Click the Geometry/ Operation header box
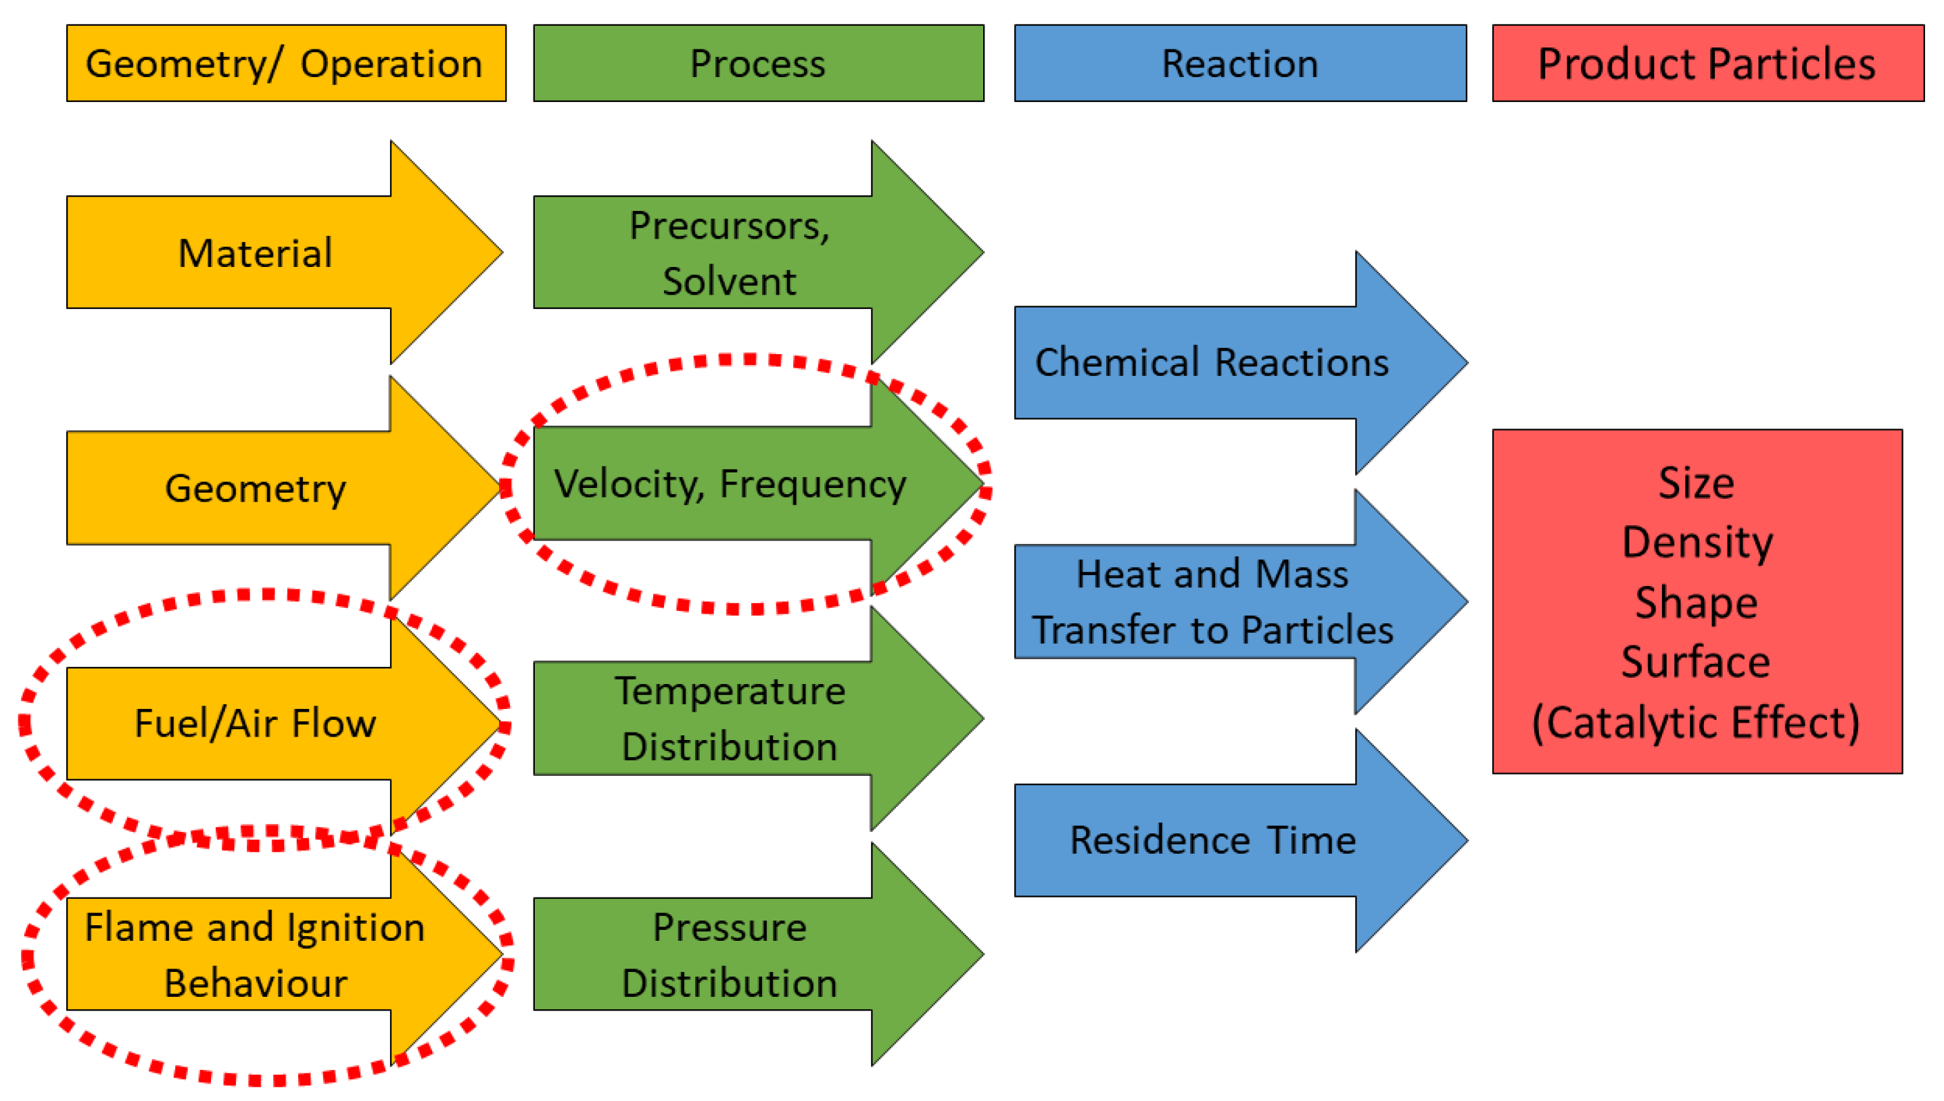pos(285,64)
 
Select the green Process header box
pos(758,64)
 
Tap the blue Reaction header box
pos(1240,64)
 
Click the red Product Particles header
pos(1707,64)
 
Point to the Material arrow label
pos(255,253)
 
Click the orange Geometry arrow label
pos(255,489)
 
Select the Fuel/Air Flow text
pos(255,724)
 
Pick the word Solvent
pos(729,281)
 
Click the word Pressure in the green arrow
pos(729,927)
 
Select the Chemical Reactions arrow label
pos(1212,362)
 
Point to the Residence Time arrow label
pos(1212,840)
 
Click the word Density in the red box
pos(1697,542)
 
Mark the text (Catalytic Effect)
pos(1695,722)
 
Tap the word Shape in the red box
pos(1696,603)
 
